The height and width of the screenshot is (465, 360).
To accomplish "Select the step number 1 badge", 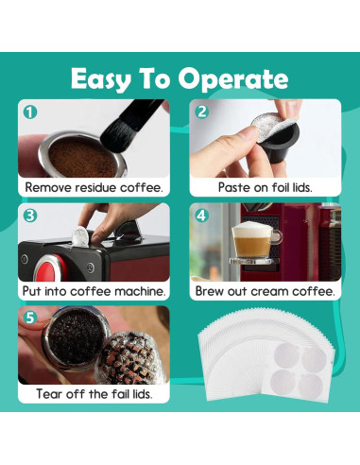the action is pos(30,112).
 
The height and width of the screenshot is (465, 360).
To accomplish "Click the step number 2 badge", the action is pos(201,112).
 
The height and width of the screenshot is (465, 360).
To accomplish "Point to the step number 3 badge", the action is pos(30,215).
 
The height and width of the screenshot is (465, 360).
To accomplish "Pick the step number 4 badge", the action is pos(201,215).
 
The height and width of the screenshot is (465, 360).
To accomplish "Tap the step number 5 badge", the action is pos(30,319).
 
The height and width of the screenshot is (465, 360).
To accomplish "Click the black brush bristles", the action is pos(120,132).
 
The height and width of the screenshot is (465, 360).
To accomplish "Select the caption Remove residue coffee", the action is pos(94,187).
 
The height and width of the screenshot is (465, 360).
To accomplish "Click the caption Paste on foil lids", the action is pos(266,187).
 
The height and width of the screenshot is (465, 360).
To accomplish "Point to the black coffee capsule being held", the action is pos(277,144).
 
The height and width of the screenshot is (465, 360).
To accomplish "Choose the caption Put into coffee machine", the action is pos(94,291).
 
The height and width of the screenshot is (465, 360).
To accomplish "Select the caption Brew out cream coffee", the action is pos(266,291).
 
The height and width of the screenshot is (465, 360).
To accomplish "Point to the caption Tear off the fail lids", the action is pos(94,394).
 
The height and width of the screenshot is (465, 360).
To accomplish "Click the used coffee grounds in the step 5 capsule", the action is pos(76,339).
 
